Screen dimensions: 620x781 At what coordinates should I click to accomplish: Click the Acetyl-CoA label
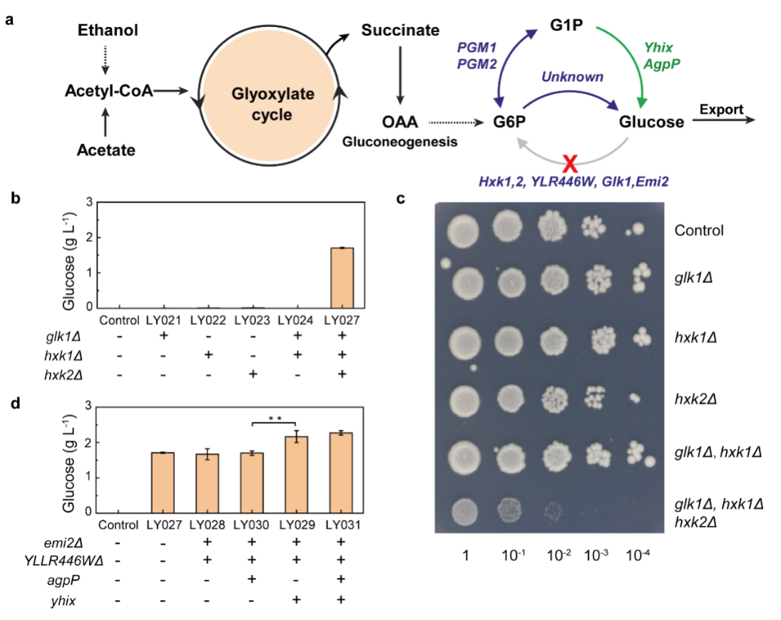coord(108,91)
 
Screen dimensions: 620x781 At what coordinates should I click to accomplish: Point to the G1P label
coord(567,25)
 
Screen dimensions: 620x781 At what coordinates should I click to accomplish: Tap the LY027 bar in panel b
coord(342,278)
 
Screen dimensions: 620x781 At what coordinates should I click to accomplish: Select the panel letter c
coord(402,199)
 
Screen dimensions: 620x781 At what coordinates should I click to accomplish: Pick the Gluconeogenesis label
coord(400,142)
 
